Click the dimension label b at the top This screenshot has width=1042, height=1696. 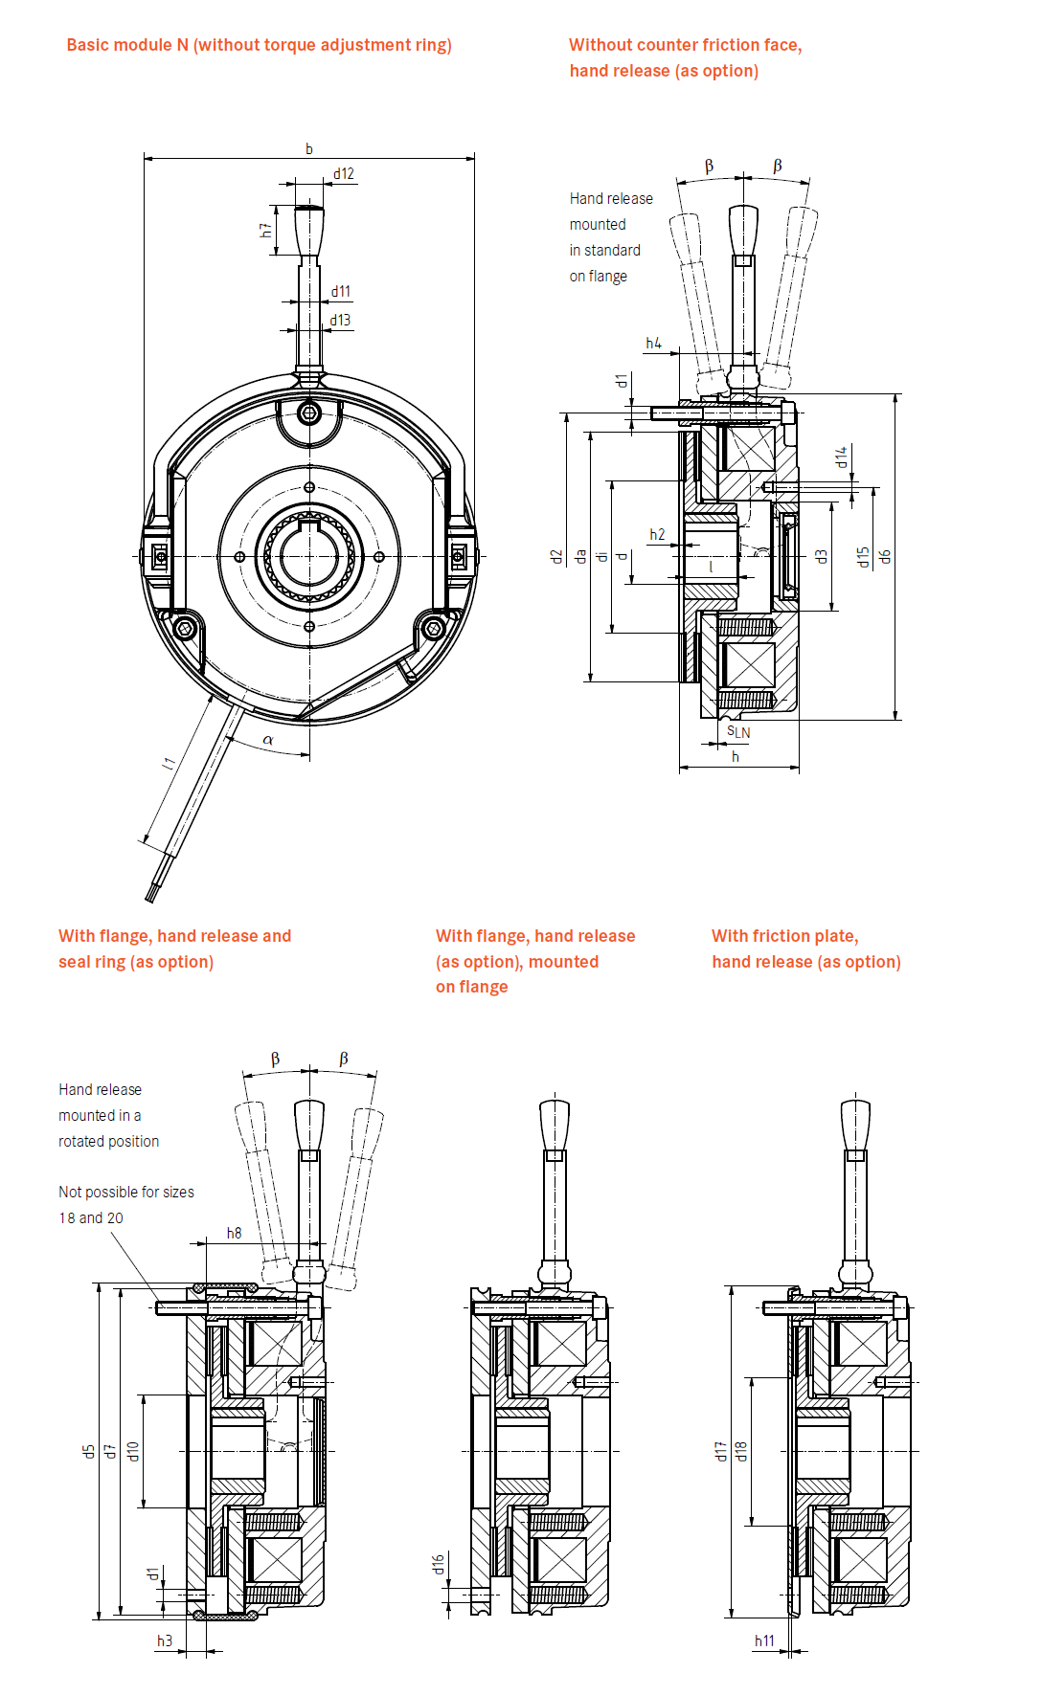pyautogui.click(x=308, y=148)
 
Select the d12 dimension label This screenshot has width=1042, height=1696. pyautogui.click(x=344, y=174)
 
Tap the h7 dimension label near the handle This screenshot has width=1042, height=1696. pyautogui.click(x=265, y=231)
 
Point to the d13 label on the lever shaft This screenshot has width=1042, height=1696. pyautogui.click(x=341, y=321)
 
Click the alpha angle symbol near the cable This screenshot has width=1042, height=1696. pyautogui.click(x=268, y=740)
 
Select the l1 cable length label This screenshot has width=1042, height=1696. pyautogui.click(x=169, y=763)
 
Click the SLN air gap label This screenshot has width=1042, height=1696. pyautogui.click(x=738, y=732)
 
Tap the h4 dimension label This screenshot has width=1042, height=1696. pyautogui.click(x=653, y=343)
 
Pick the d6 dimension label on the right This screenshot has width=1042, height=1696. pyautogui.click(x=886, y=556)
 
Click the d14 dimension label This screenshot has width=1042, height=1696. pyautogui.click(x=841, y=457)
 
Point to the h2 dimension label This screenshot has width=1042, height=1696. pyautogui.click(x=657, y=534)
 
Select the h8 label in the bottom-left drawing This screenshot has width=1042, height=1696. pyautogui.click(x=234, y=1233)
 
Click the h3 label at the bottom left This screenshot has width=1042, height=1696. pyautogui.click(x=165, y=1640)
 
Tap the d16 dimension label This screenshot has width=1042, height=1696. pyautogui.click(x=438, y=1564)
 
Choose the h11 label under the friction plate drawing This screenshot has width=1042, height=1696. pyautogui.click(x=764, y=1640)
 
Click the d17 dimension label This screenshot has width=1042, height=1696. pyautogui.click(x=720, y=1451)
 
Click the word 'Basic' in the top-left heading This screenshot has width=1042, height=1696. pyautogui.click(x=88, y=45)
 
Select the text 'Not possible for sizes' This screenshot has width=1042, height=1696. pyautogui.click(x=126, y=1192)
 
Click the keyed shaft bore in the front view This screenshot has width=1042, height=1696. pyautogui.click(x=309, y=555)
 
